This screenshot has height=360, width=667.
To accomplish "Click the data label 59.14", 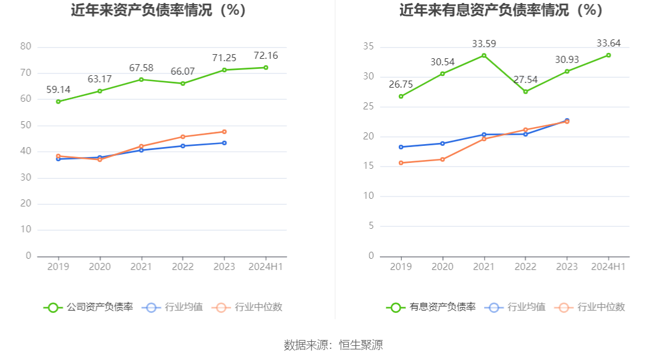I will click(x=58, y=90).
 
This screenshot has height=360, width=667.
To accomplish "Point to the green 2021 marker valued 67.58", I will click(x=141, y=79).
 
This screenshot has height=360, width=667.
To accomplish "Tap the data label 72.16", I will click(x=265, y=56).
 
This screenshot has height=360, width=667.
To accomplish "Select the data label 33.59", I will click(x=484, y=44).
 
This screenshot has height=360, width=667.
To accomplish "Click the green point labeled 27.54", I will click(x=525, y=92).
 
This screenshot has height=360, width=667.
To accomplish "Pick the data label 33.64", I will click(x=608, y=43).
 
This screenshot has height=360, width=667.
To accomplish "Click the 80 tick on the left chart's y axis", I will click(x=25, y=46).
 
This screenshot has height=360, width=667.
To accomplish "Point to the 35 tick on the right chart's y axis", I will click(x=368, y=46).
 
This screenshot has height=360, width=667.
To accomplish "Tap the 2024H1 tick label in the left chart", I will click(x=265, y=266).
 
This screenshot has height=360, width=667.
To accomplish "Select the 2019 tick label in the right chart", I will click(x=401, y=266).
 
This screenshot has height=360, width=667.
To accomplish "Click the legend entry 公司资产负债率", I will click(x=88, y=307).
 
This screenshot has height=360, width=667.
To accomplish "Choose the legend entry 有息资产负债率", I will click(x=431, y=307).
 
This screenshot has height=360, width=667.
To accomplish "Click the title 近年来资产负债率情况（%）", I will click(x=158, y=11).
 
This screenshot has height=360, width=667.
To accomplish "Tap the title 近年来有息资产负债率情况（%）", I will click(x=501, y=11).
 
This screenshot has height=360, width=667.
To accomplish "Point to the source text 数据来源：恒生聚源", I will click(x=333, y=345).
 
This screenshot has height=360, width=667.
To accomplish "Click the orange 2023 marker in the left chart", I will click(x=224, y=132).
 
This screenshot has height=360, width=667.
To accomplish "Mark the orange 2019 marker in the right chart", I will click(x=401, y=163).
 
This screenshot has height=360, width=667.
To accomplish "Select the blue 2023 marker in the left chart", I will click(x=224, y=143).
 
